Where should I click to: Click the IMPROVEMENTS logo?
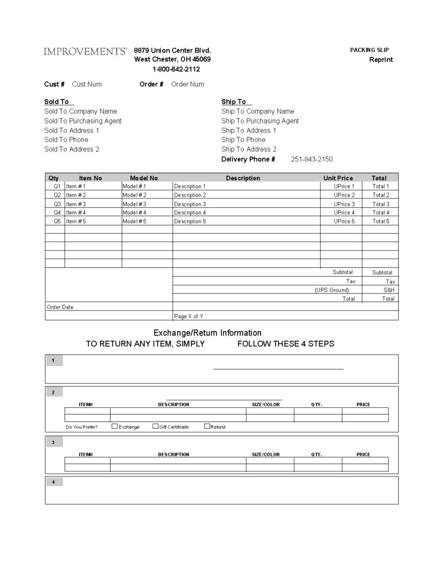pos(85,51)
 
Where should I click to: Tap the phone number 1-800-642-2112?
pos(176,69)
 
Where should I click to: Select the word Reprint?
pos(381,59)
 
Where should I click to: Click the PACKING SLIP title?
pos(370,50)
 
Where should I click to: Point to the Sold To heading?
pos(56,102)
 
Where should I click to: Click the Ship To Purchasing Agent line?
pos(260,121)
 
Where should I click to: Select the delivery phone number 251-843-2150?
pos(312,159)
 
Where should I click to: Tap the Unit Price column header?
pos(338,178)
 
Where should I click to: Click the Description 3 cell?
pos(190,204)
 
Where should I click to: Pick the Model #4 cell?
pos(134,213)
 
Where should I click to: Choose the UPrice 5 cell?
pos(344,221)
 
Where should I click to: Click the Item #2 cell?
pos(76,195)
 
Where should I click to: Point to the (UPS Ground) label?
pos(331,290)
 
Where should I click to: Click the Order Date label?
pos(60,307)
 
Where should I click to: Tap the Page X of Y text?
pos(189,316)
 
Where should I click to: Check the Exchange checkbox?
pos(115,426)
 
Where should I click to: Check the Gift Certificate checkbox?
pos(155,426)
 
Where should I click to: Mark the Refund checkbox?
pos(207,426)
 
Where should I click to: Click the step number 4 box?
pos(54,482)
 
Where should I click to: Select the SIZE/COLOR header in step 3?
pos(266,455)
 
